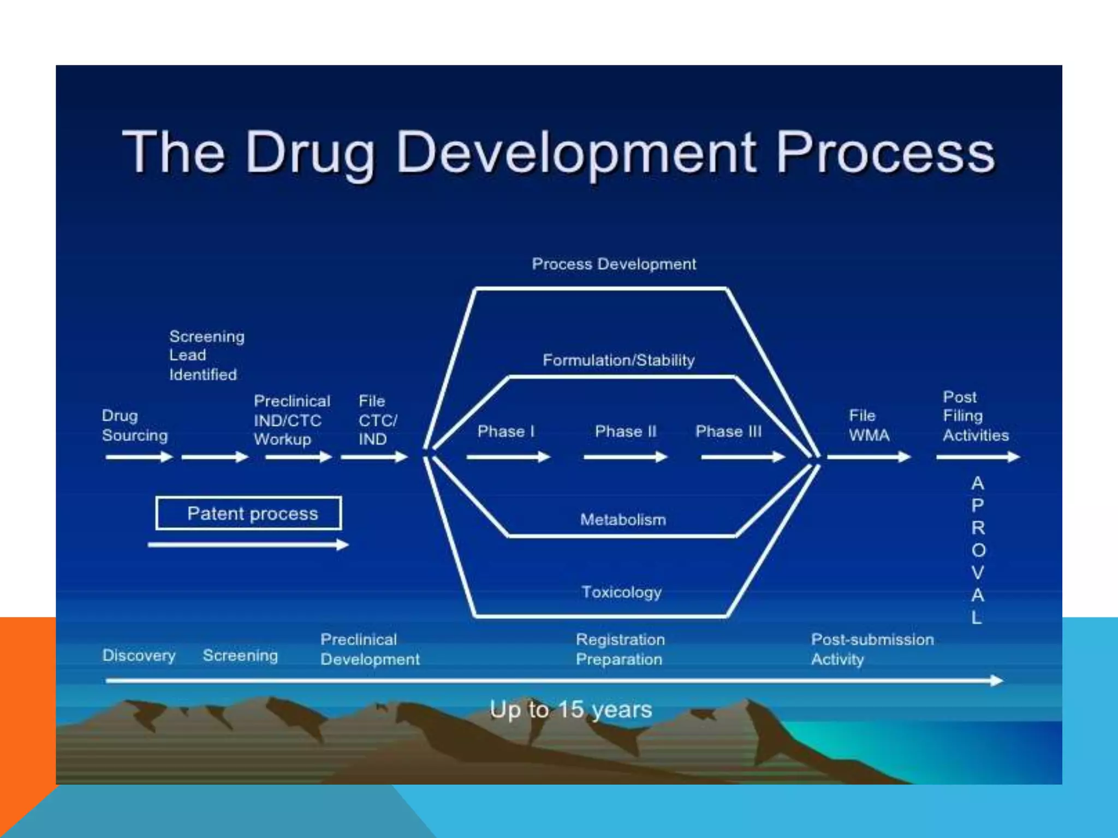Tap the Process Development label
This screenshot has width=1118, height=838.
[x=614, y=264]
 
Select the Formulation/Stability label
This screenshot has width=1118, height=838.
[x=618, y=360]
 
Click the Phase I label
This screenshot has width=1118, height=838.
[x=506, y=432]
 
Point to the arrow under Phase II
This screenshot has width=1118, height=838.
[x=625, y=457]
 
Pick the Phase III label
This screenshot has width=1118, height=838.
[x=728, y=432]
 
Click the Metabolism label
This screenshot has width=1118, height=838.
[x=623, y=519]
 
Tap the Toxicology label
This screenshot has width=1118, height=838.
[x=621, y=592]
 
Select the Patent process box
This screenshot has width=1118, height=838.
[x=249, y=513]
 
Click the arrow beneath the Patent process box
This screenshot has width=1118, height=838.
[x=248, y=544]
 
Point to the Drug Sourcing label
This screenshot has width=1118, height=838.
[x=134, y=426]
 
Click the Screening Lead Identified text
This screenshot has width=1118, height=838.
[x=206, y=355]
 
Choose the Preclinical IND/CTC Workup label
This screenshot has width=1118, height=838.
[x=292, y=420]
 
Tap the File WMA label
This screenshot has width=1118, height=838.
[x=869, y=426]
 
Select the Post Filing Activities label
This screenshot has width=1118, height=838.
[x=975, y=416]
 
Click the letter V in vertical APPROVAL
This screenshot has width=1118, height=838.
[x=978, y=572]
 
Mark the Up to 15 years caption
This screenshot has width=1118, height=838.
[x=570, y=709]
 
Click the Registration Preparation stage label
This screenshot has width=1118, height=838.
[x=620, y=649]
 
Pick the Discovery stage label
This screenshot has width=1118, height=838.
[x=139, y=655]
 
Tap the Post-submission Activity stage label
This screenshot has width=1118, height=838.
[x=871, y=649]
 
